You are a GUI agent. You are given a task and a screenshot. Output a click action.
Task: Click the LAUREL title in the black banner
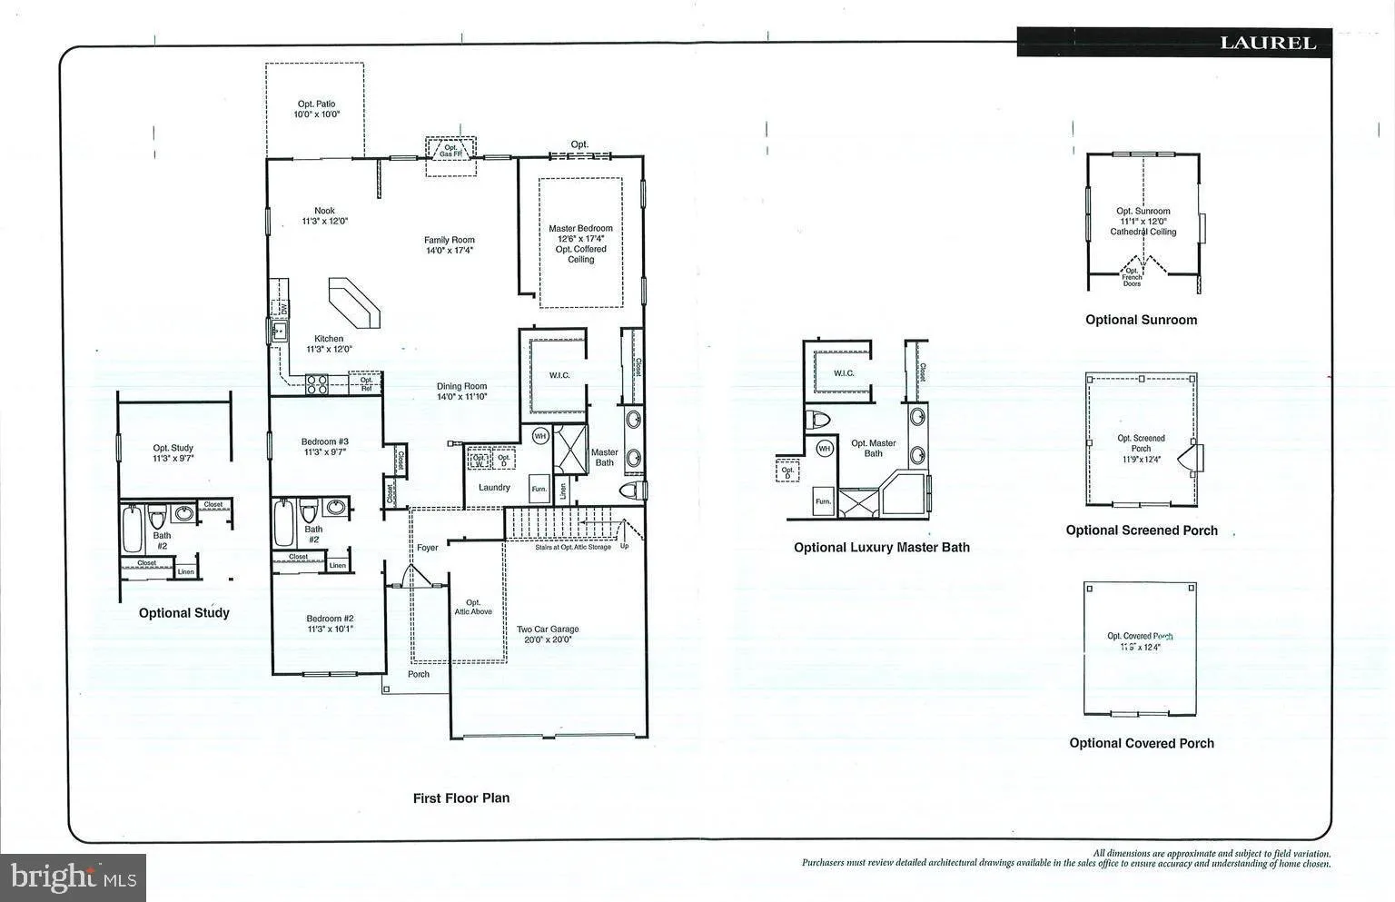click(1267, 43)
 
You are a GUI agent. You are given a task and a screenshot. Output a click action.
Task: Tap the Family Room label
click(450, 245)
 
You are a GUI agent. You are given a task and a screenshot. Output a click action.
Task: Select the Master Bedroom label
click(580, 243)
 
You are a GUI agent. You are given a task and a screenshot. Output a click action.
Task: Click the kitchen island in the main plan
click(354, 302)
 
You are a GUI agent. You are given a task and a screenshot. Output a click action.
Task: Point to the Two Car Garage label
click(548, 634)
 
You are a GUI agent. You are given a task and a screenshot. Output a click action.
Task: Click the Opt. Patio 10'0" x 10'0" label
click(316, 110)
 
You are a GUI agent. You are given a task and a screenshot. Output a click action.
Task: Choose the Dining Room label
click(462, 392)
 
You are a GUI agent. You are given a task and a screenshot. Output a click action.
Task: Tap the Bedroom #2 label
click(330, 623)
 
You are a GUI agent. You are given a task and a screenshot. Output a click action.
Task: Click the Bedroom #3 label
click(325, 447)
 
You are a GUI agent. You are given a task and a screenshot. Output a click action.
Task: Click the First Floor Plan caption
click(461, 798)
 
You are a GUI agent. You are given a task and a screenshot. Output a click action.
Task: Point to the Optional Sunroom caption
click(1141, 320)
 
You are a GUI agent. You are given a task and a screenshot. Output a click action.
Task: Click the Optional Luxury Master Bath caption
click(881, 548)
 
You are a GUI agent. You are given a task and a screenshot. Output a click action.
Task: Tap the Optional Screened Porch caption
click(1142, 530)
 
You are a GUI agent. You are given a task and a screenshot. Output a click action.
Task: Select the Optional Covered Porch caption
click(1142, 743)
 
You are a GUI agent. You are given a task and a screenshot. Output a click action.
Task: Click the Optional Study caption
click(184, 613)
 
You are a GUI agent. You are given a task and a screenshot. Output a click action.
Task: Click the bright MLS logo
click(73, 877)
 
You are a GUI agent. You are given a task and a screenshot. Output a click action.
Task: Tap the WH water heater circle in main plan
click(540, 436)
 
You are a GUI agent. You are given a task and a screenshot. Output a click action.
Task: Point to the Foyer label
click(428, 548)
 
